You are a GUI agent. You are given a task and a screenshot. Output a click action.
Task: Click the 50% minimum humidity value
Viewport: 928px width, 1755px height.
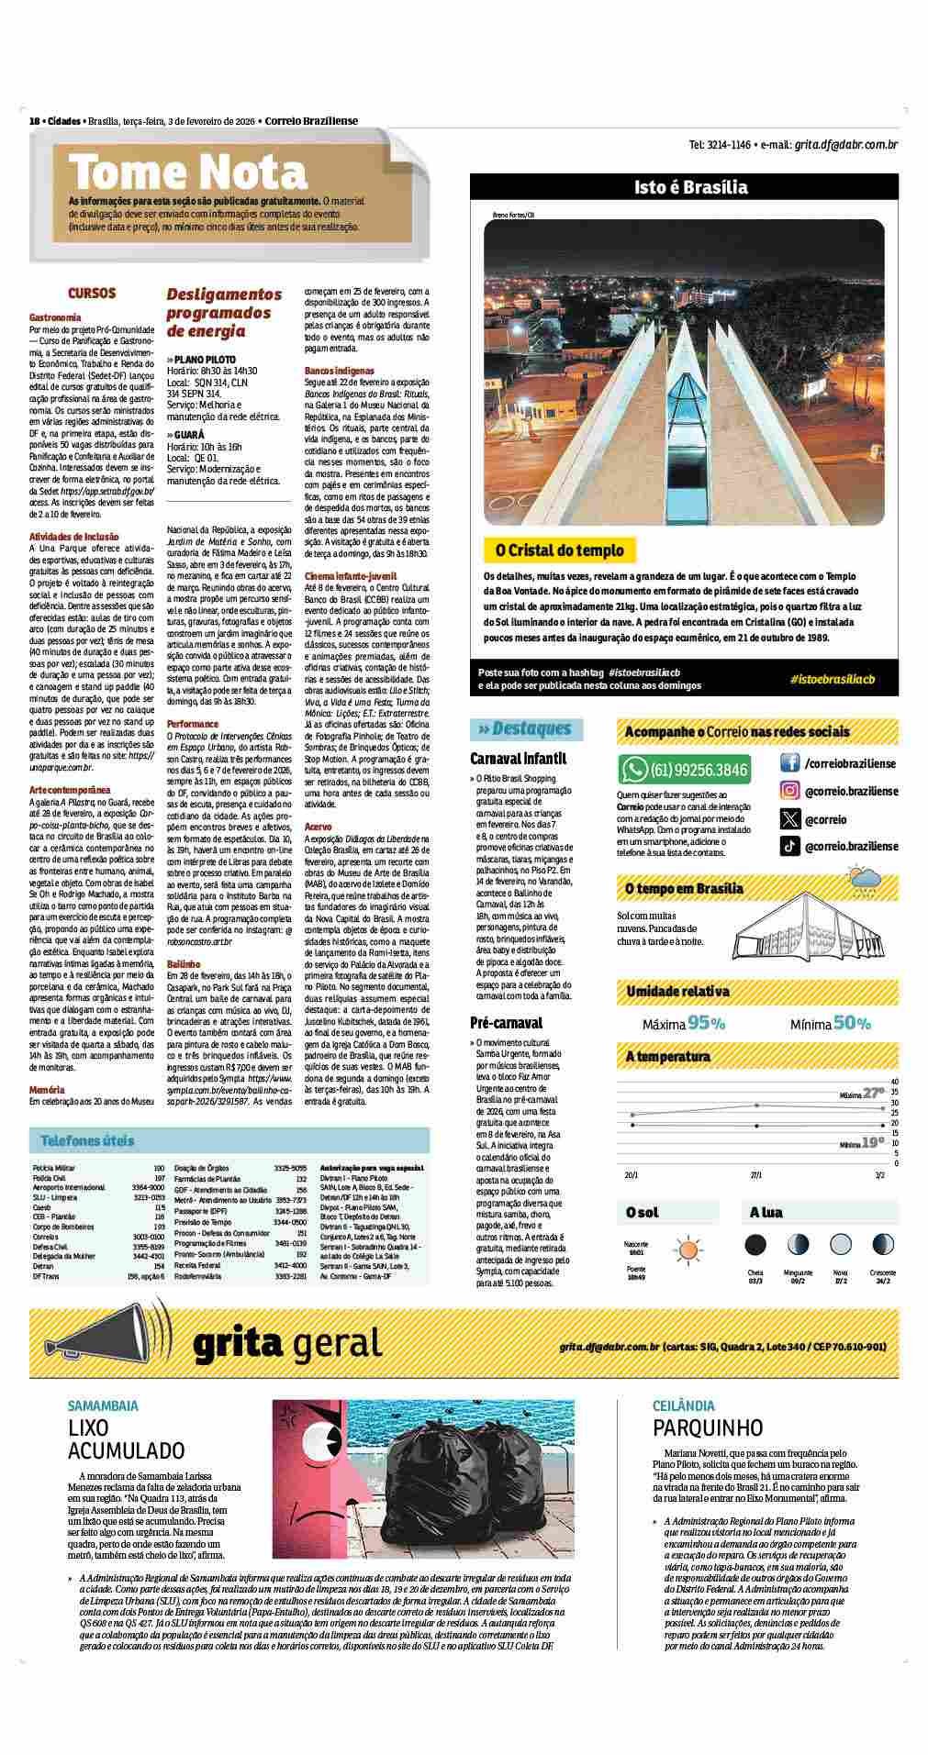852,1023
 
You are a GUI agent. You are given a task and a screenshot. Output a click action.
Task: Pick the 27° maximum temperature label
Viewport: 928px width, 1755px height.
873,1092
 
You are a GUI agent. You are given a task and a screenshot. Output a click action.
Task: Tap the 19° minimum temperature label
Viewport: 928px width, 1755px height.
873,1143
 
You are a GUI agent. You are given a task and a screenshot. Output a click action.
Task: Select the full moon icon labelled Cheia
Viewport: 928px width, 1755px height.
755,1245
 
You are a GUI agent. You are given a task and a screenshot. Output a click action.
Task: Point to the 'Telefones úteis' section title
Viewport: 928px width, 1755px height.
87,1140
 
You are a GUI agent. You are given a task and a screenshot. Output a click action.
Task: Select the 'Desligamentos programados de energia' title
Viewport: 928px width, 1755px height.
224,312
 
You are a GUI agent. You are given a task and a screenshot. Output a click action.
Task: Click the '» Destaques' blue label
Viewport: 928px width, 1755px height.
525,728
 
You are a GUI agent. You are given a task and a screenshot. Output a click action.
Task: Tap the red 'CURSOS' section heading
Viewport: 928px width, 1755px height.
92,294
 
